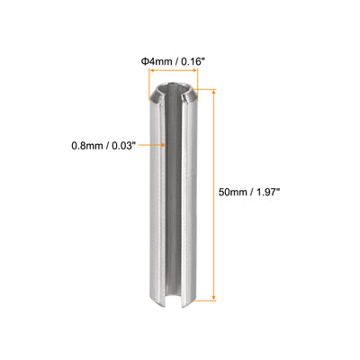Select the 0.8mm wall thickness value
(x=87, y=146)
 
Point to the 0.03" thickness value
(x=123, y=146)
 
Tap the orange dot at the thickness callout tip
(x=163, y=145)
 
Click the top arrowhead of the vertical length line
(x=214, y=92)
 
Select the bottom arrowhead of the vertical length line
(x=214, y=298)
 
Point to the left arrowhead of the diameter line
(x=152, y=70)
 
